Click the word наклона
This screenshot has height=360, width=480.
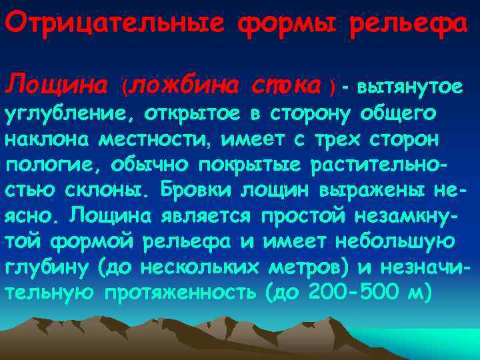pyautogui.click(x=48, y=139)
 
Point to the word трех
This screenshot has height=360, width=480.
pyautogui.click(x=335, y=139)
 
